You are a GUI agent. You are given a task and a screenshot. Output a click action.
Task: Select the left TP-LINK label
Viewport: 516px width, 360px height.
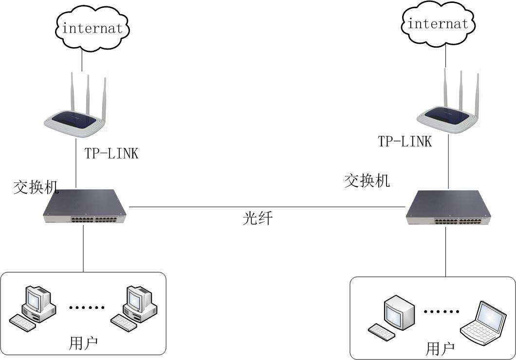tap(111, 153)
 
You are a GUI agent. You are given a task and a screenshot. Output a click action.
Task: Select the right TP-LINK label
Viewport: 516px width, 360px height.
tap(405, 142)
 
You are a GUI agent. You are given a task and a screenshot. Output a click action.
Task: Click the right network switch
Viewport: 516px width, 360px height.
tap(448, 208)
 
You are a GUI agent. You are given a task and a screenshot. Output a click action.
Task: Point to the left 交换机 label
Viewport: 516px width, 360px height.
tap(36, 187)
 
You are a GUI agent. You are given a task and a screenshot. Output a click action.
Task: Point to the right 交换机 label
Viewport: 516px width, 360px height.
tap(367, 181)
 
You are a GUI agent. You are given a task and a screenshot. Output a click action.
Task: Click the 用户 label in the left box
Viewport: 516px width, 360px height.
tap(84, 343)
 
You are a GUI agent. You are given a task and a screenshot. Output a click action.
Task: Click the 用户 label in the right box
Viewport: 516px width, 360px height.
tap(440, 348)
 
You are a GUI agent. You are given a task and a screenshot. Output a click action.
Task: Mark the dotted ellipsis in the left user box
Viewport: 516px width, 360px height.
tap(87, 307)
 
